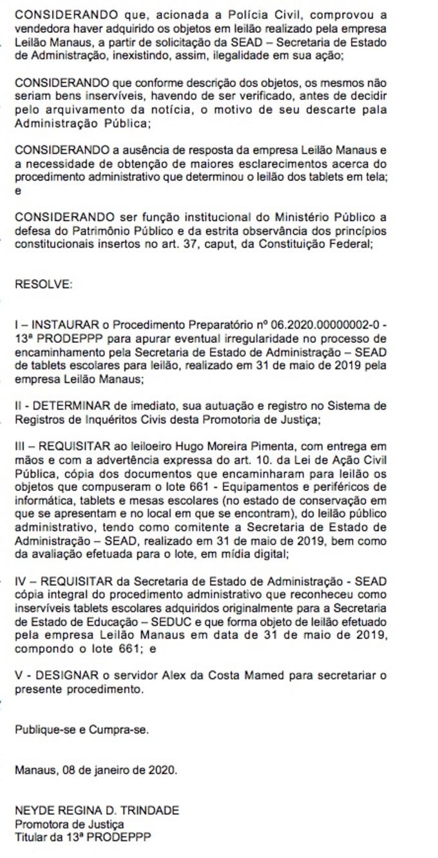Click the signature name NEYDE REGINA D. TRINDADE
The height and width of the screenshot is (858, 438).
tap(97, 810)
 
